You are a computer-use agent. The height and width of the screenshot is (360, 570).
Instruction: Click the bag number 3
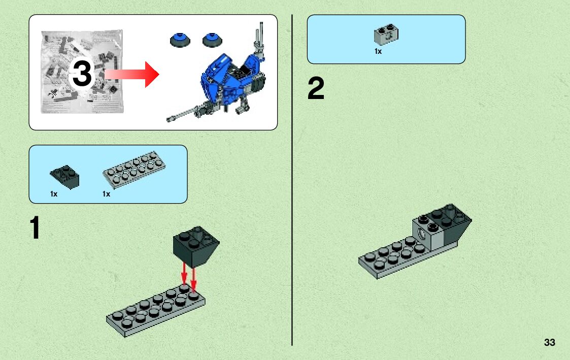click(x=82, y=74)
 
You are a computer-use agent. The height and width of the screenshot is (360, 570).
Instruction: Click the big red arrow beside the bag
click(x=133, y=74)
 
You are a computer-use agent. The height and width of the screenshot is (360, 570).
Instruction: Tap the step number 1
click(x=34, y=228)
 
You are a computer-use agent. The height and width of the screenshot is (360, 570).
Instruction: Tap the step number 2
click(x=316, y=90)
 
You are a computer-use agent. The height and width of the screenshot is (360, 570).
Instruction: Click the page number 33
click(x=549, y=342)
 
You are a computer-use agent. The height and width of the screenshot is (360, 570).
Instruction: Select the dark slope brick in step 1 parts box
click(x=64, y=176)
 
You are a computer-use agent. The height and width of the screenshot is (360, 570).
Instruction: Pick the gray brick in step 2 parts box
click(x=386, y=34)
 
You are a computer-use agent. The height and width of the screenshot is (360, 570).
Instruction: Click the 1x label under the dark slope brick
click(x=54, y=194)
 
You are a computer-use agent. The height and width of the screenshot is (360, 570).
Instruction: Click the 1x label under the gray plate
click(x=106, y=194)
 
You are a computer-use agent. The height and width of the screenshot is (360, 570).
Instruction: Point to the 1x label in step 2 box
click(x=378, y=51)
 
